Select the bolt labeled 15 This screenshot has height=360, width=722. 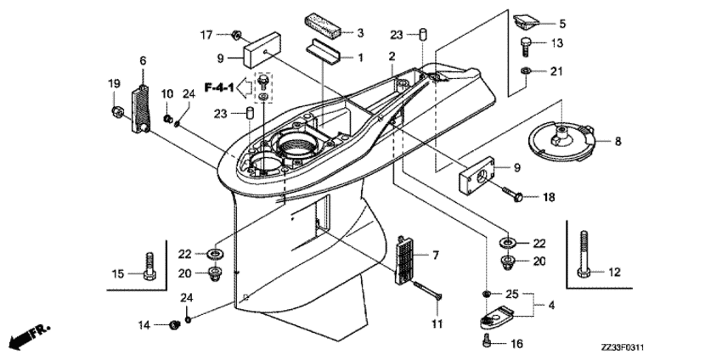(x=150, y=265)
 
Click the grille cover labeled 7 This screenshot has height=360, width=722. (x=406, y=257)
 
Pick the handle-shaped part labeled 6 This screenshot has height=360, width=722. (x=141, y=104)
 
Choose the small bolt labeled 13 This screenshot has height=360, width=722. (x=524, y=42)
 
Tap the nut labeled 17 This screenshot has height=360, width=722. (x=236, y=35)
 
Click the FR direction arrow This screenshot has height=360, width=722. (x=28, y=335)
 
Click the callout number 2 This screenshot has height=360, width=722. (x=392, y=56)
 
